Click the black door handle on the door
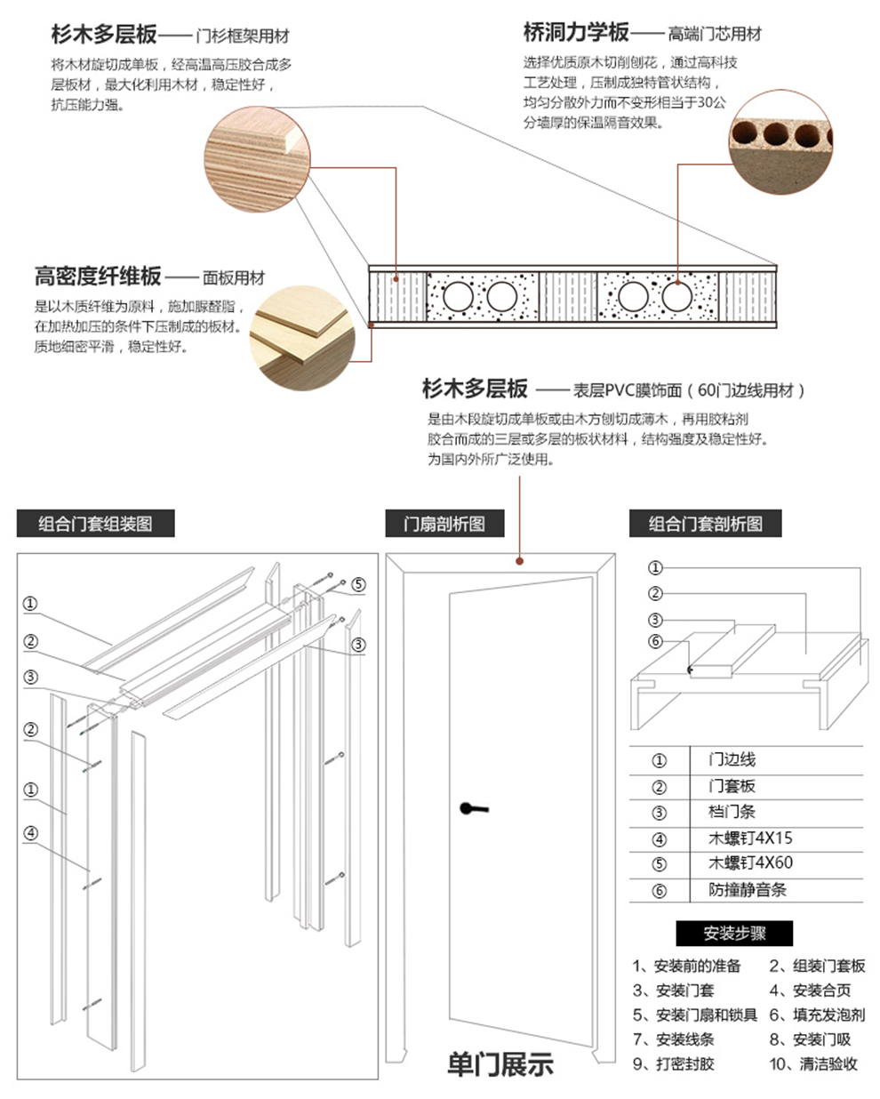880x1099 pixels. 473,808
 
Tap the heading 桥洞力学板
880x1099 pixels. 576,33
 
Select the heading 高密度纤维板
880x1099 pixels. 98,277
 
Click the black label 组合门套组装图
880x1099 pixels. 95,524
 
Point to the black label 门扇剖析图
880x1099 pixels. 444,524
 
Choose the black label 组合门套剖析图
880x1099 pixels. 705,524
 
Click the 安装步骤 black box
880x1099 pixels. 734,933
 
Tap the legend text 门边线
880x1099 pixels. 732,759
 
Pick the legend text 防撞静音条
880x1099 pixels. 748,889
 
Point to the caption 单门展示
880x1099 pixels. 500,1063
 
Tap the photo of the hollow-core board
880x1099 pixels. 780,138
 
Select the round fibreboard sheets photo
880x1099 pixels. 301,338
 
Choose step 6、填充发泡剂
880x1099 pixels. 816,1015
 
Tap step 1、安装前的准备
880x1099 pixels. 686,966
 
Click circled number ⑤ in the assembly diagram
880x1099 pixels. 358,584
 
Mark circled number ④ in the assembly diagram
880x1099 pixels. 31,833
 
